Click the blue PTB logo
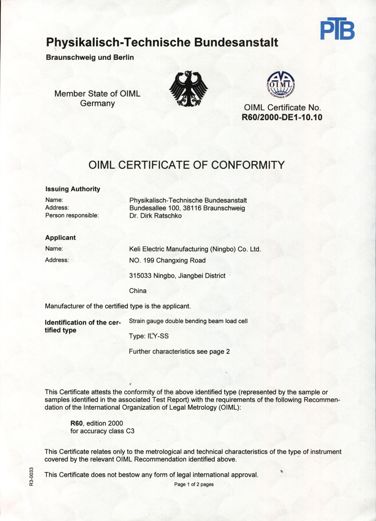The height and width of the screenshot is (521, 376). tap(337, 29)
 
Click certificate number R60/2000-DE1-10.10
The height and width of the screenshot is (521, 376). tap(282, 117)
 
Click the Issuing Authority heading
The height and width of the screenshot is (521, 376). tap(73, 189)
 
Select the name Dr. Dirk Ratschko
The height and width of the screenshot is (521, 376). tap(155, 216)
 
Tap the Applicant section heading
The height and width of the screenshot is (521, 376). tap(60, 238)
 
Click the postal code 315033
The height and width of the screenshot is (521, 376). tap(140, 276)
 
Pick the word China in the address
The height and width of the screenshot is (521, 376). tap(138, 291)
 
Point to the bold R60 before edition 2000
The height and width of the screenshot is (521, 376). tap(76, 423)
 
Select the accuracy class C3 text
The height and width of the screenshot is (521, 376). tap(130, 431)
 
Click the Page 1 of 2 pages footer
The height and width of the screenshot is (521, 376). tap(194, 485)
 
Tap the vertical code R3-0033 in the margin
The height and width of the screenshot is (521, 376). tap(33, 477)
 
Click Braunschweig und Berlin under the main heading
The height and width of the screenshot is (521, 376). tap(89, 58)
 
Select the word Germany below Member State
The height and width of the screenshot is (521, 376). tap(97, 103)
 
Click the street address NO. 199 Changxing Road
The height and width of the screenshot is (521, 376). tap(167, 260)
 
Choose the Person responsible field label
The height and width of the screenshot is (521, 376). tap(72, 216)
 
